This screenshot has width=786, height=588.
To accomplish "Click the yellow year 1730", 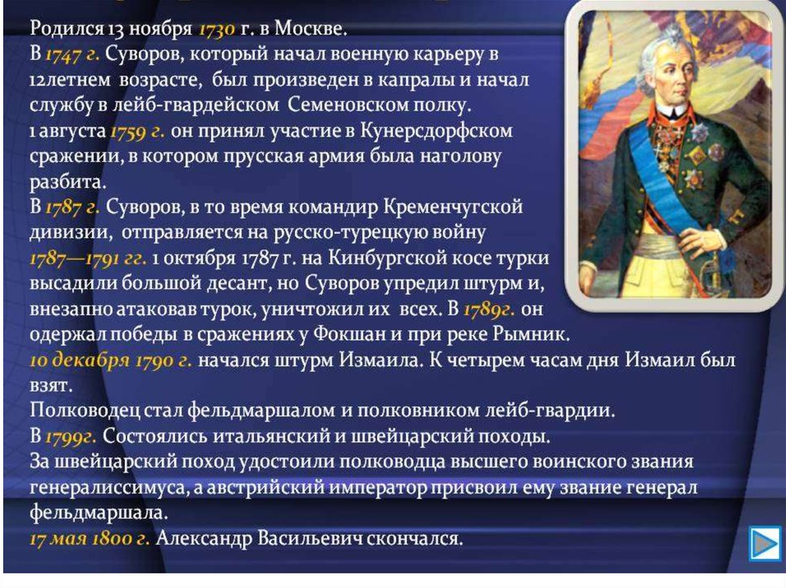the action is (216, 29).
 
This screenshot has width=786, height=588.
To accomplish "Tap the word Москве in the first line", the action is (310, 28).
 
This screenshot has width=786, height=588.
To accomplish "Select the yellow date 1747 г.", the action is (72, 54).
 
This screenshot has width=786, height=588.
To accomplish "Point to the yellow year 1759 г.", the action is (137, 131).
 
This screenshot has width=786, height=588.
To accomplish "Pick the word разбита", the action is (68, 182).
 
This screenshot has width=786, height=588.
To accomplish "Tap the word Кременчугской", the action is (454, 207).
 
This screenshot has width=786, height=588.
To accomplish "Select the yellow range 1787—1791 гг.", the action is (88, 258).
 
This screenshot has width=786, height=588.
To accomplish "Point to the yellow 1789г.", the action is (489, 310).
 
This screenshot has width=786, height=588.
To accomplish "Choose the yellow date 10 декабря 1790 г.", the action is (111, 360).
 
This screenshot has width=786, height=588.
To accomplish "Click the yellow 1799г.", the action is (71, 437).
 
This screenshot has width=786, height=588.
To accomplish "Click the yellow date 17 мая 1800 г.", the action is (90, 539).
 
